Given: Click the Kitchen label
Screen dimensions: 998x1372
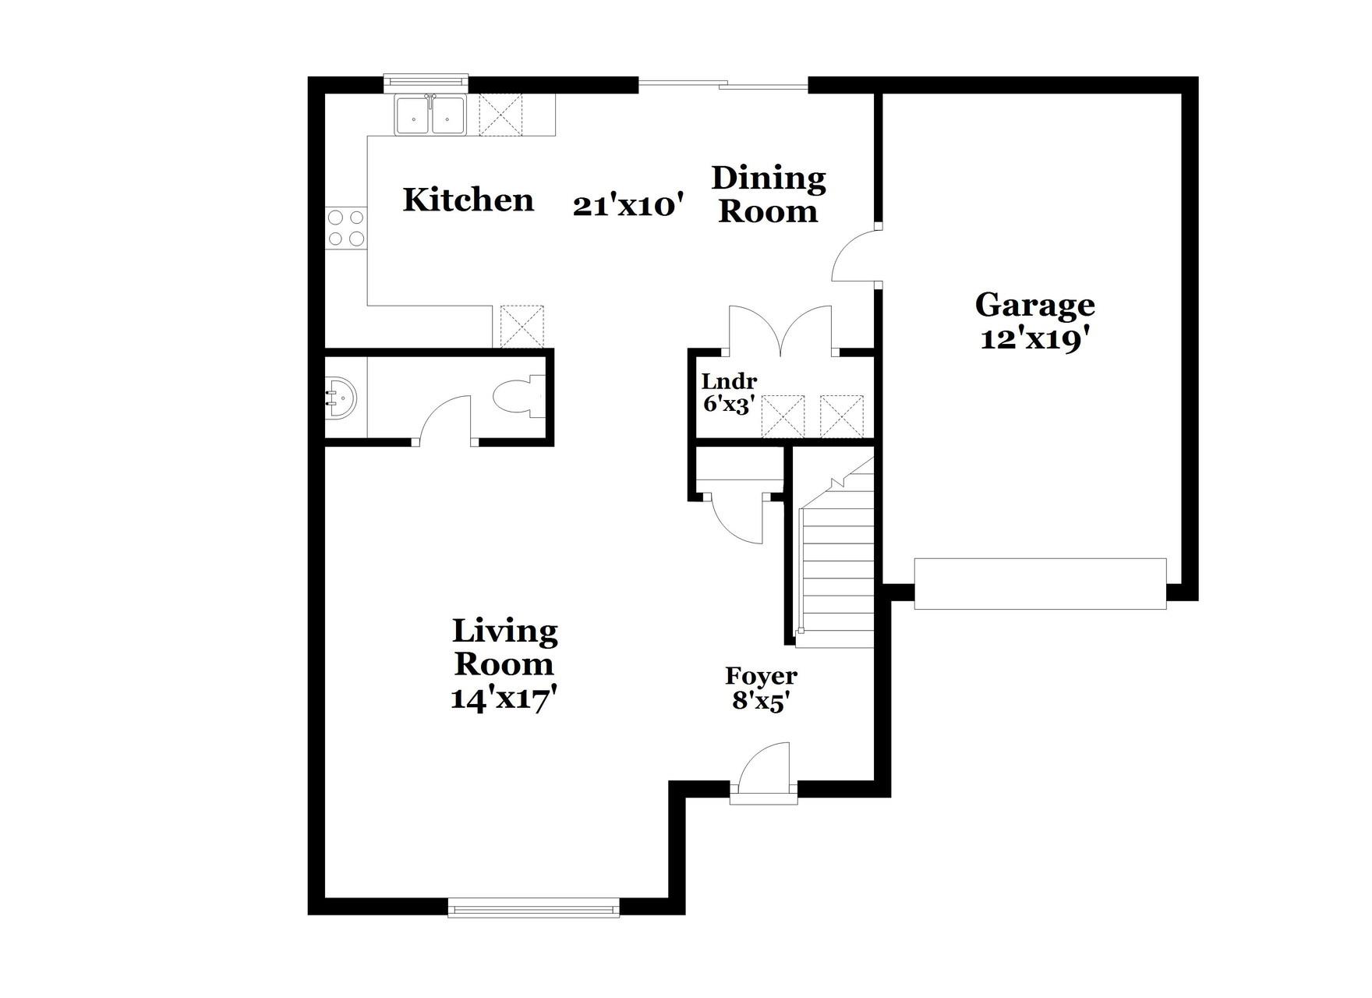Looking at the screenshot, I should [x=468, y=200].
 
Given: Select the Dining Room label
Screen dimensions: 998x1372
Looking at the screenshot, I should [x=768, y=195].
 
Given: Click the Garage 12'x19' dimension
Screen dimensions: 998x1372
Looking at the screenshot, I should [x=1034, y=340].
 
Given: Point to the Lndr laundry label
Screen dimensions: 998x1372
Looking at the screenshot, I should [x=729, y=382].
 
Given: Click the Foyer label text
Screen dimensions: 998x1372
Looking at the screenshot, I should [x=761, y=676].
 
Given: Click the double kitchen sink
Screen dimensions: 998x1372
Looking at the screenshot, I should [x=430, y=115].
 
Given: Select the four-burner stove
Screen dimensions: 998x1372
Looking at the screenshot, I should [x=346, y=228].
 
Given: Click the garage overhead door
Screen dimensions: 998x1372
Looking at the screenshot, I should [x=1040, y=583].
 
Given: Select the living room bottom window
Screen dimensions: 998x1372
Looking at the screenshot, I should [x=534, y=908].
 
